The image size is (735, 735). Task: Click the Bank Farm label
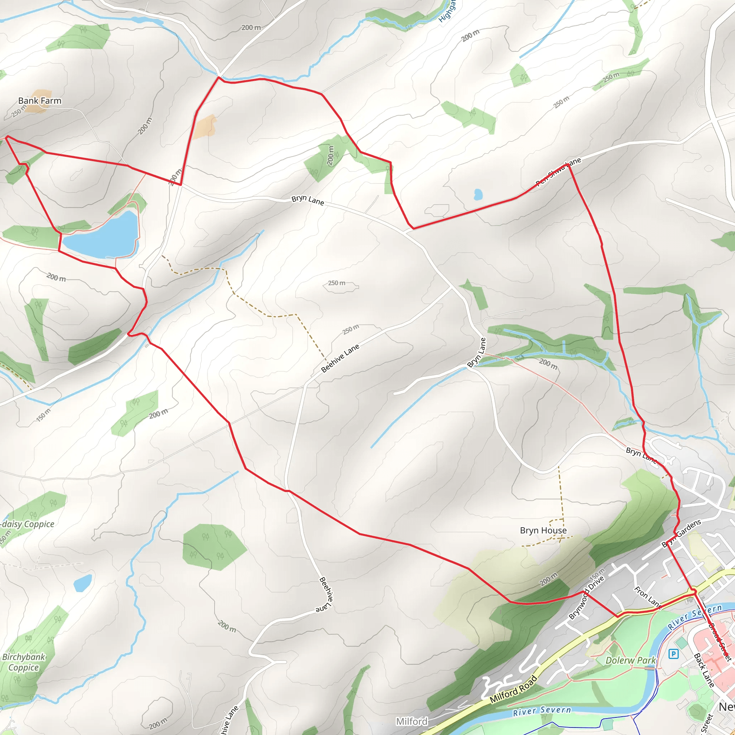[x=39, y=101]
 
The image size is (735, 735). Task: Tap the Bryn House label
[x=543, y=530]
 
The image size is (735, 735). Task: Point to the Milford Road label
[x=514, y=689]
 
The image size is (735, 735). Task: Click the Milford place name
[x=412, y=721]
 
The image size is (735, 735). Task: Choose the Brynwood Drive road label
[x=586, y=598]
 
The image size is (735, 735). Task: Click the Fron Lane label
[x=647, y=596]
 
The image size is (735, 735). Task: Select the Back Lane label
[x=704, y=670]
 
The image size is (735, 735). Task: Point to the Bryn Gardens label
[x=682, y=533]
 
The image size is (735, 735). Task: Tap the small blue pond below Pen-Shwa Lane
[x=478, y=195]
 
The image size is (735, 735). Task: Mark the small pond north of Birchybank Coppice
[x=83, y=583]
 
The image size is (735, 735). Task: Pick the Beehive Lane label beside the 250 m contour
[x=340, y=358]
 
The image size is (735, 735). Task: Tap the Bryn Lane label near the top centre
[x=308, y=201]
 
